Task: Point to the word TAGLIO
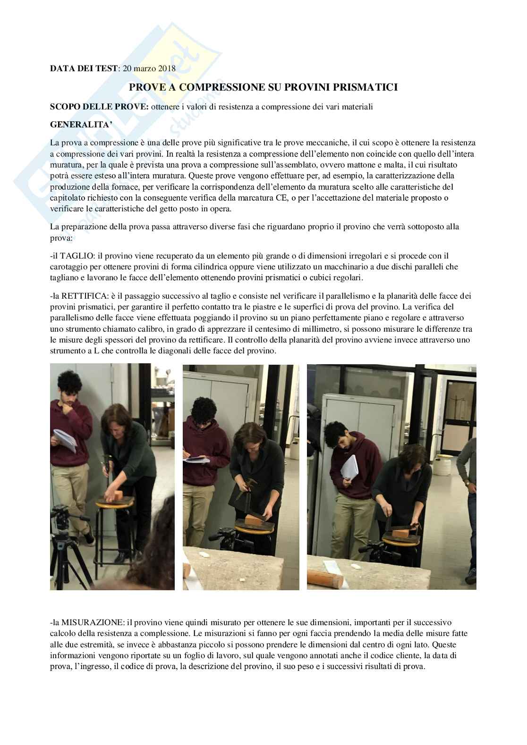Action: point(77,256)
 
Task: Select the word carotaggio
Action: point(67,267)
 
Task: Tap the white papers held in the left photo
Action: point(65,440)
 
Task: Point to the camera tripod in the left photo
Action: point(68,545)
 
